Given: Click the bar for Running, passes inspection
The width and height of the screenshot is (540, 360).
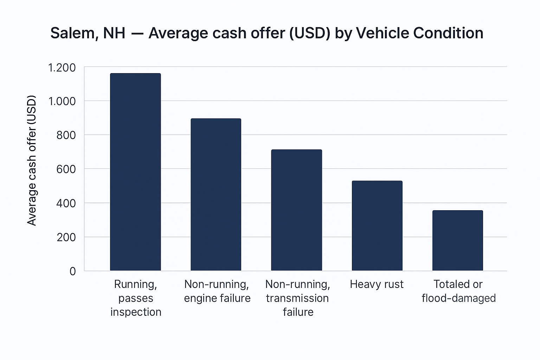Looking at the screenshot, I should point(135,172).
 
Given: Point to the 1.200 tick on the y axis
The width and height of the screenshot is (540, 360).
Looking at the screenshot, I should point(62,67).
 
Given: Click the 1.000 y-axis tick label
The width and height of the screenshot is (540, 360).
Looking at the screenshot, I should point(62,101).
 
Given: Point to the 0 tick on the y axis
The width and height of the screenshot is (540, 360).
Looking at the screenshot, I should point(72,271).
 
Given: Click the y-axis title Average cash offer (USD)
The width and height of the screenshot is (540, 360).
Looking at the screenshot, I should point(32,160).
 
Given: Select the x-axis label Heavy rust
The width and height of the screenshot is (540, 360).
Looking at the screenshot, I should point(377,284).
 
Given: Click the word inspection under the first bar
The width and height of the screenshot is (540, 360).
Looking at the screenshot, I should point(136,312).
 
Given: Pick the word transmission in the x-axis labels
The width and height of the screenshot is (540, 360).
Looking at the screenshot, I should point(297,298).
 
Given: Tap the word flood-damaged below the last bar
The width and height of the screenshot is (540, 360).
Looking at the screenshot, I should point(458,298).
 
